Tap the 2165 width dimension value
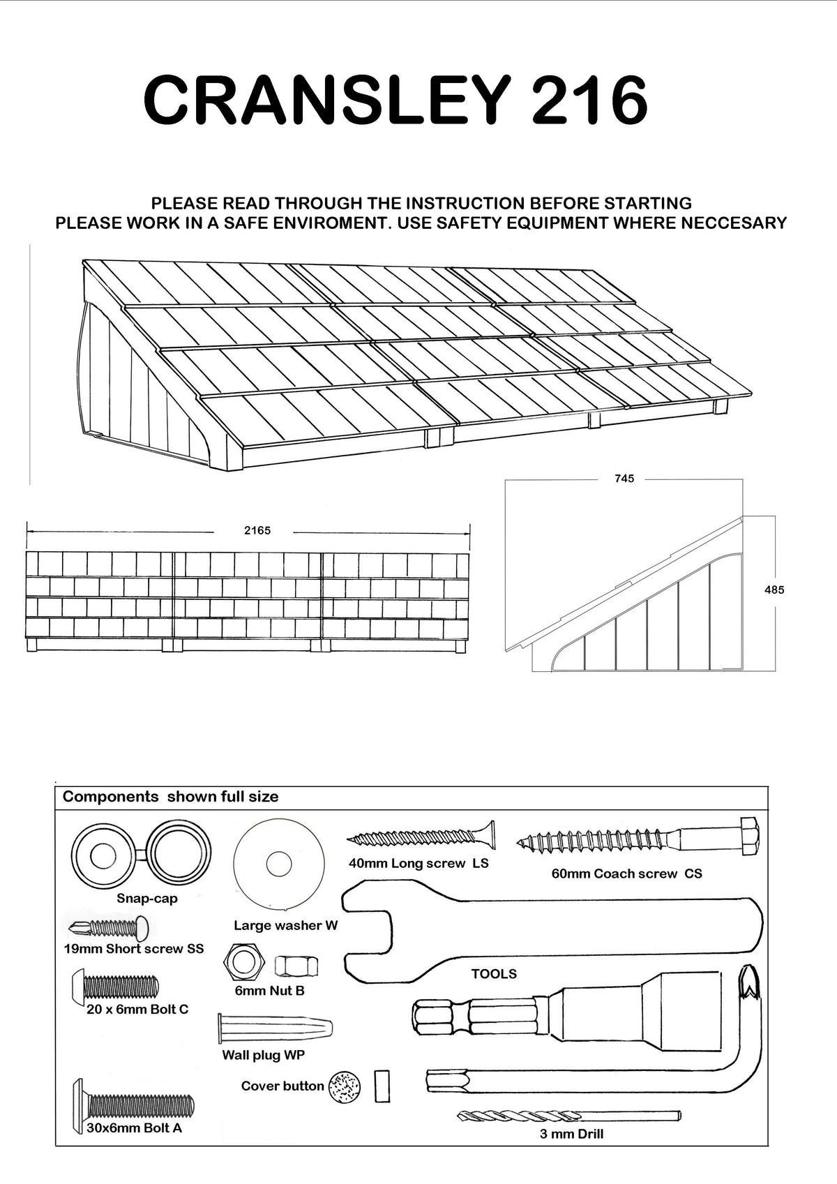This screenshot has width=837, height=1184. pyautogui.click(x=257, y=531)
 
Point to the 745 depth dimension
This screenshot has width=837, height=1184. pyautogui.click(x=624, y=479)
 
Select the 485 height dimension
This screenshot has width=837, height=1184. pyautogui.click(x=774, y=590)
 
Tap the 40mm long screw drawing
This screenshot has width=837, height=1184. pyautogui.click(x=422, y=837)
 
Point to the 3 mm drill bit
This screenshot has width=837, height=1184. pyautogui.click(x=568, y=1116)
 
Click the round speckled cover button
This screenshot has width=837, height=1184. pyautogui.click(x=344, y=1086)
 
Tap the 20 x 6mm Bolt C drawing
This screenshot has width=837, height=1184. pyautogui.click(x=116, y=987)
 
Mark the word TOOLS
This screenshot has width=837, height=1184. pyautogui.click(x=494, y=974)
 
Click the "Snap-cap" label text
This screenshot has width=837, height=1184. pyautogui.click(x=147, y=899)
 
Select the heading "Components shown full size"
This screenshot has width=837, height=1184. pyautogui.click(x=171, y=797)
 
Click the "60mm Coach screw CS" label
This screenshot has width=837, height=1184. pyautogui.click(x=626, y=874)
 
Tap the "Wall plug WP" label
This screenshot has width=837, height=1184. pyautogui.click(x=264, y=1055)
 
